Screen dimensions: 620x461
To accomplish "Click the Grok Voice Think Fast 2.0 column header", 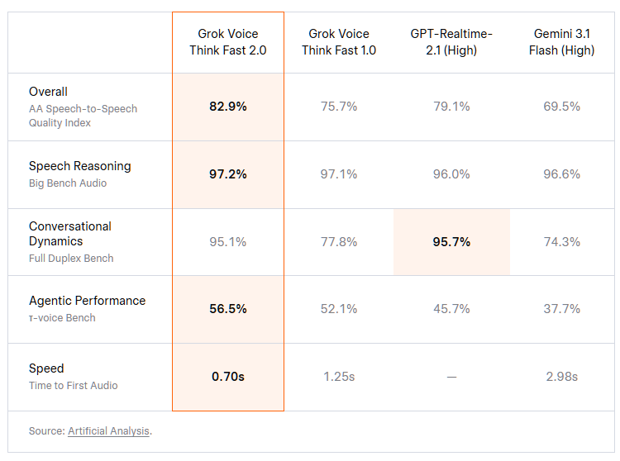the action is click(228, 42).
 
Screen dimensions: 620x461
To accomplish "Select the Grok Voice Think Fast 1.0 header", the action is click(339, 42).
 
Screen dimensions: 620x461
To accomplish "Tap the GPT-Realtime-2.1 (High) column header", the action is click(451, 42).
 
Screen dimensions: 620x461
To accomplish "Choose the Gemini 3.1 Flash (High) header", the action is click(561, 42).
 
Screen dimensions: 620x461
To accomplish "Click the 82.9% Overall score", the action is click(228, 107).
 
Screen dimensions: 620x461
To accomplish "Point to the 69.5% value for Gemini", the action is click(561, 107).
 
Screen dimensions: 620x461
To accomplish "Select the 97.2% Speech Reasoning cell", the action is click(228, 173).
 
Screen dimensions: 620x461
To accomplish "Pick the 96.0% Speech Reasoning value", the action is click(451, 173).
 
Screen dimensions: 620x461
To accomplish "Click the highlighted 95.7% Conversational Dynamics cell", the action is click(451, 242).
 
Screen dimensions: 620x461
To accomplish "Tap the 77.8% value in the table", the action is click(339, 242).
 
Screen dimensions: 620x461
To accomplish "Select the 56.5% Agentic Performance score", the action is click(228, 308).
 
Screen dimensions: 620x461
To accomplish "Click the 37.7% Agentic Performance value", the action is click(561, 308).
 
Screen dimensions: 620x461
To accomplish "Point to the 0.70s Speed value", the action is click(228, 377).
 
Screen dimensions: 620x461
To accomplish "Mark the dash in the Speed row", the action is click(451, 378).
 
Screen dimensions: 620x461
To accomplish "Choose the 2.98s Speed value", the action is click(561, 377).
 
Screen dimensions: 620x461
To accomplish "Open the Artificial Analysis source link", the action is click(109, 430).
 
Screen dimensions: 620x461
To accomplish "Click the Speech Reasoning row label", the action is click(80, 166).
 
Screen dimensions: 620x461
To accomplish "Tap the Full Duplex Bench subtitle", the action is click(71, 259).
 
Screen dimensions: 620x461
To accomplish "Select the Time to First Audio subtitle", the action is click(73, 386).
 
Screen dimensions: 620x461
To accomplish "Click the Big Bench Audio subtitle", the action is click(68, 183).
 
